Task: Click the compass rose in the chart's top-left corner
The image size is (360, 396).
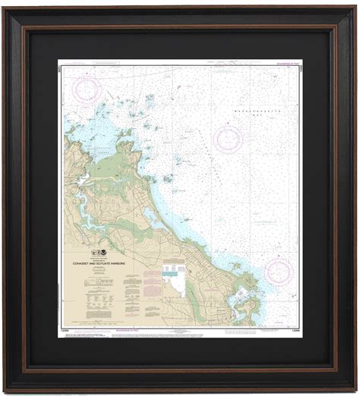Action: click(x=87, y=90)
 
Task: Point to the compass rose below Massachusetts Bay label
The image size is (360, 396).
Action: click(x=228, y=139)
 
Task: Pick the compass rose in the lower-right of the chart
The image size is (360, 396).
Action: click(x=278, y=270)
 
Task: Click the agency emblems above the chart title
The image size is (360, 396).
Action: click(x=99, y=253)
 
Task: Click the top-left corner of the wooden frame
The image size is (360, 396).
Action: click(x=6, y=7)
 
